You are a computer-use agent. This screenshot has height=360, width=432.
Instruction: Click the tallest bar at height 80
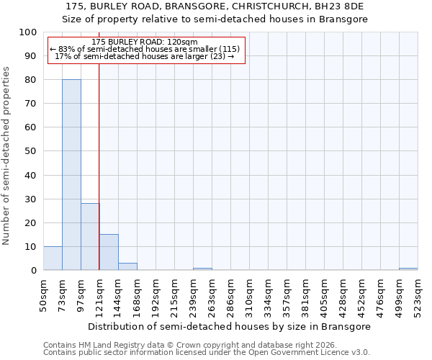(71, 175)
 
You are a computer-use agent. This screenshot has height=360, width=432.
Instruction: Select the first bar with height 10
(53, 258)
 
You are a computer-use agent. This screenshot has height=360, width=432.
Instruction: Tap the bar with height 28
(90, 237)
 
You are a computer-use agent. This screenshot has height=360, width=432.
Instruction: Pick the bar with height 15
(109, 252)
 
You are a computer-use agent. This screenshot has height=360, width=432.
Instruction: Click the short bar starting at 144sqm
(127, 266)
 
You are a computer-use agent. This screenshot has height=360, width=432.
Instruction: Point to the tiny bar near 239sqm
(202, 269)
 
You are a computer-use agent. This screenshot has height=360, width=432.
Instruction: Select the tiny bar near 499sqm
(408, 269)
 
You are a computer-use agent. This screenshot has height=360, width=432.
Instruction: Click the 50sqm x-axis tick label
(44, 294)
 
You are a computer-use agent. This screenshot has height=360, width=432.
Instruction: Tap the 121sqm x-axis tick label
(100, 294)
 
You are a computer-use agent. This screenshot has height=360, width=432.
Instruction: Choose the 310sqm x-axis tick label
(250, 294)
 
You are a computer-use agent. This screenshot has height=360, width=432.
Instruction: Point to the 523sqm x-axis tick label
(418, 294)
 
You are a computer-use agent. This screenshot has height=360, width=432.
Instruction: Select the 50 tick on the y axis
(31, 151)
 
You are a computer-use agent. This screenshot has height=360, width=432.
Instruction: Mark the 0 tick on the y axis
(34, 270)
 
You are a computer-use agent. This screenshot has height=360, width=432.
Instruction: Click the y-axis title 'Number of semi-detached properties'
(6, 156)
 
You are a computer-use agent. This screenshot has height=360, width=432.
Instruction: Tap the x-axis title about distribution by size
(230, 326)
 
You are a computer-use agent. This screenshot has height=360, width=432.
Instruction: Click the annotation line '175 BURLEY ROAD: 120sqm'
(145, 42)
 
